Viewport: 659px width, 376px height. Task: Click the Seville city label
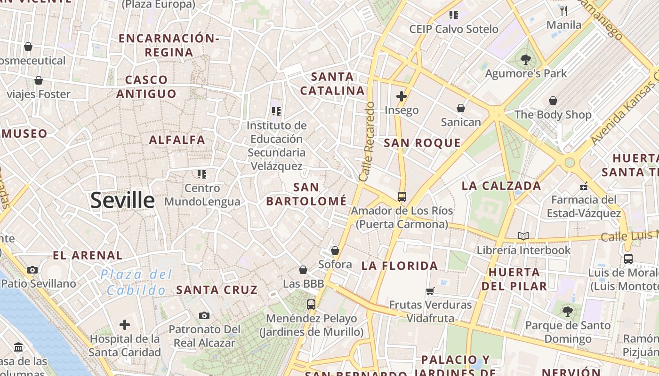click(122, 200)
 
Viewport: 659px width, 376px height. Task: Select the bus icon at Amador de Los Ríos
click(402, 196)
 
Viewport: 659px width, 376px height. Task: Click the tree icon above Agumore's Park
click(526, 59)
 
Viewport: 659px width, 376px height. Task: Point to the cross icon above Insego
click(402, 96)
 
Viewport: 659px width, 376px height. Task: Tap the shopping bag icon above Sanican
click(461, 109)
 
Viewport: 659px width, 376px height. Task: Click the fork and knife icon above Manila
click(564, 10)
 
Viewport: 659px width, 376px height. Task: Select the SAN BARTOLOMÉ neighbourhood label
click(306, 194)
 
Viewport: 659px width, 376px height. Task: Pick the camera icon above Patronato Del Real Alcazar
click(204, 315)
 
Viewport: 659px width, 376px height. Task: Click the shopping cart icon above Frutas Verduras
click(430, 291)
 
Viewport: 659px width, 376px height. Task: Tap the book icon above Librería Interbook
click(523, 236)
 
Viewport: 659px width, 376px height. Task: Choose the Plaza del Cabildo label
click(137, 282)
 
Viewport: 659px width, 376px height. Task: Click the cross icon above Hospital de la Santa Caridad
click(125, 325)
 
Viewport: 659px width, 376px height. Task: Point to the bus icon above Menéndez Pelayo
click(311, 304)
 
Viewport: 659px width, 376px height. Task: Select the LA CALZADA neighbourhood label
click(501, 186)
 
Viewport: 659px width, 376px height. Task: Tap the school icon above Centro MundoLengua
click(202, 174)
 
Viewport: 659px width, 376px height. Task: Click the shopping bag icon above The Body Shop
click(553, 101)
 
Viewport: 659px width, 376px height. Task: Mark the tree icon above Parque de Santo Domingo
click(568, 311)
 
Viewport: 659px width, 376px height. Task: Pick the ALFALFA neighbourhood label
click(177, 140)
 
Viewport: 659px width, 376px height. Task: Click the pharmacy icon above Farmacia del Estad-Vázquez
click(584, 186)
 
